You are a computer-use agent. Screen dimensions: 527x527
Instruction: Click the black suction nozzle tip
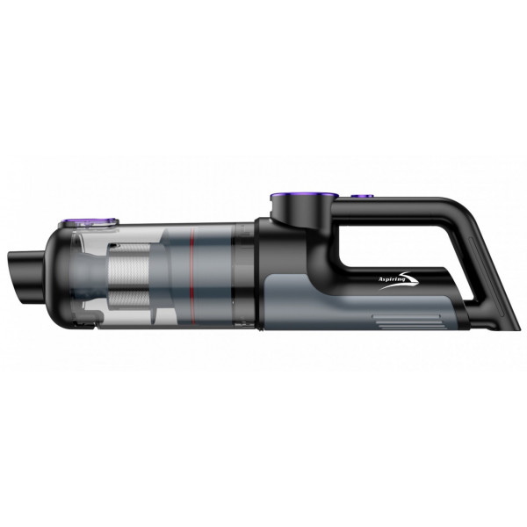click(x=25, y=277)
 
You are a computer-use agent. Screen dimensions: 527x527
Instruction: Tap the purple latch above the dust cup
click(x=89, y=222)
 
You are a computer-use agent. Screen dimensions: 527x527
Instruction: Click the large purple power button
click(x=304, y=195)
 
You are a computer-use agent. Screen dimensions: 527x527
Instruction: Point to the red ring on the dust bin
click(x=192, y=276)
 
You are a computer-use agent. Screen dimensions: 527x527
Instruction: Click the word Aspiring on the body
click(x=390, y=279)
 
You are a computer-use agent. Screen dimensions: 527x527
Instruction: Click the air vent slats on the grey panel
click(x=406, y=321)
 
